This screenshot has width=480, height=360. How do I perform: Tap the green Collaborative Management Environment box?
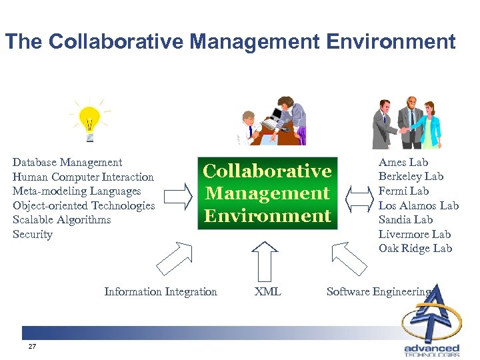click(x=267, y=193)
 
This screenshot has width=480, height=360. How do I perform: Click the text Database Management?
click(x=67, y=162)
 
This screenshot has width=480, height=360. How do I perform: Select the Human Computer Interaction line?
click(x=83, y=177)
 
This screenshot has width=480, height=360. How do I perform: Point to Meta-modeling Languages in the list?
click(x=77, y=191)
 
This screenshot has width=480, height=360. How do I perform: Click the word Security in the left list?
click(x=33, y=234)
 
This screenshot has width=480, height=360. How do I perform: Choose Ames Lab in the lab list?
click(x=403, y=162)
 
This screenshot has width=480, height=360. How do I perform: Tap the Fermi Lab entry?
click(x=404, y=191)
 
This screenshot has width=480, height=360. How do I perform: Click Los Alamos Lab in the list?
click(x=419, y=205)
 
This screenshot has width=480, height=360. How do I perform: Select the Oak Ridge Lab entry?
click(x=415, y=248)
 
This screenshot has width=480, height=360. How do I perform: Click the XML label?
click(x=268, y=291)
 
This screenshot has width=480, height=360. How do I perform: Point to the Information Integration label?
click(x=161, y=291)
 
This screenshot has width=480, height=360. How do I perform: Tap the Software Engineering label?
click(x=378, y=291)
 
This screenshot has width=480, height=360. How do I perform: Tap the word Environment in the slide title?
click(x=391, y=42)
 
